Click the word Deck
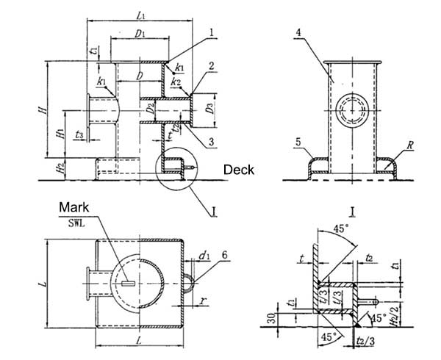pos(240,170)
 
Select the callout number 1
pos(212,32)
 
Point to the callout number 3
pos(211,141)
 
